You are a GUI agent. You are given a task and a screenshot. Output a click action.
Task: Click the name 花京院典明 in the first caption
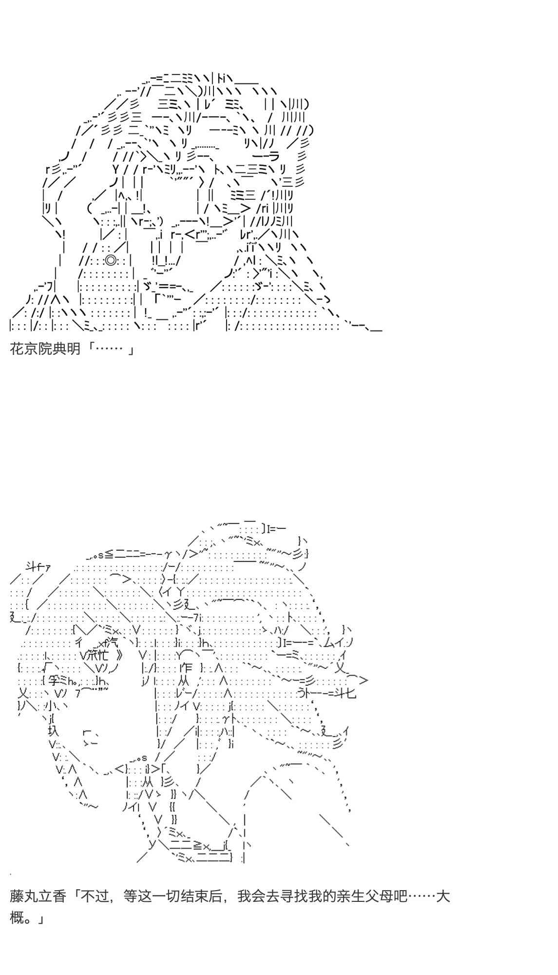point(45,349)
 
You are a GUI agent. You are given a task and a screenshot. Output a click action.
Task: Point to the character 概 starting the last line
point(17,918)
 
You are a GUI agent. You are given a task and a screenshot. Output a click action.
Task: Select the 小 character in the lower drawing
point(47,706)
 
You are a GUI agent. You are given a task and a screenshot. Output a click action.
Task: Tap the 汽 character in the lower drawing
point(112,643)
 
